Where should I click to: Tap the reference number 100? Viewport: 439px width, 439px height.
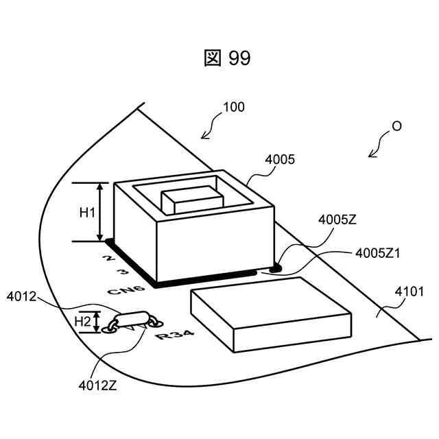coord(233,108)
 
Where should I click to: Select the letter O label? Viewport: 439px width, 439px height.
coord(396,127)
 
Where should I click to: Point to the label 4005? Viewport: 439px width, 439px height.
coord(280,160)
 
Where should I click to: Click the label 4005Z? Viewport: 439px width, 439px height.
coord(337,220)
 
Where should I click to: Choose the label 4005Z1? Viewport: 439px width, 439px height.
coord(378,253)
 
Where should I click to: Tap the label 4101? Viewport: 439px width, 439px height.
coord(409,292)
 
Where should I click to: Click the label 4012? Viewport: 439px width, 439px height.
coord(23,297)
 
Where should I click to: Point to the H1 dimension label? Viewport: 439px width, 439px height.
coord(87,213)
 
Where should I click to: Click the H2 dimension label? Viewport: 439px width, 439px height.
coord(83,321)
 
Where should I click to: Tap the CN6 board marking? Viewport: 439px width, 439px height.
coord(126,291)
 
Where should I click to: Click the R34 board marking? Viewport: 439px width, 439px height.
coord(174,336)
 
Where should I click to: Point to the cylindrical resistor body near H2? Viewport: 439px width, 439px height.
coord(133,319)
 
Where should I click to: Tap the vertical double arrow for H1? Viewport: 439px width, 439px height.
coord(101,212)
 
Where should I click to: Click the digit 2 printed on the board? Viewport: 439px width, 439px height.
coord(107,259)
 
